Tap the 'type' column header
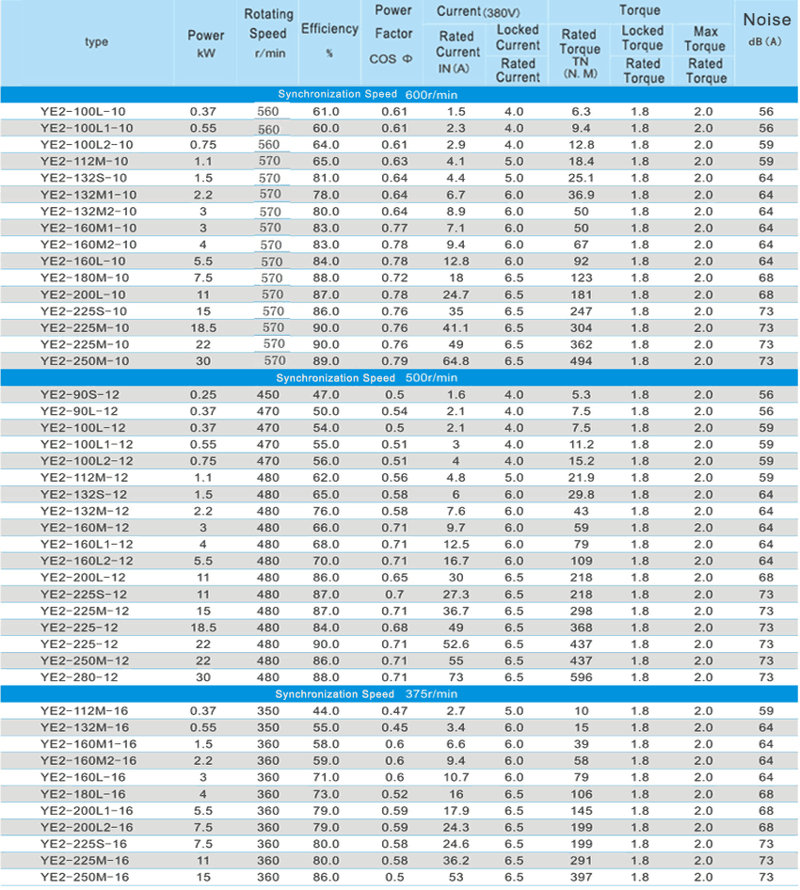coord(96,42)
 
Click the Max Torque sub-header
coord(705,39)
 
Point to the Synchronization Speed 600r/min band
coord(400,94)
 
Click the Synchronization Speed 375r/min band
coord(400,693)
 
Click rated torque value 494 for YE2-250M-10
coord(581,360)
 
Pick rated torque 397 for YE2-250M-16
coord(581,877)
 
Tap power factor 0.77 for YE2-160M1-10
coord(393,228)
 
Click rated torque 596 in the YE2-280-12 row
coord(581,677)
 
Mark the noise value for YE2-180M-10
coord(765,278)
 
